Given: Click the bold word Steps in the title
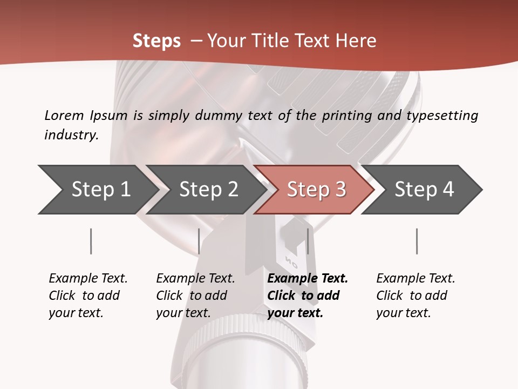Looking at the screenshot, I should tap(156, 41).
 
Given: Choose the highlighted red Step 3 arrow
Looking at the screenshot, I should tap(316, 190).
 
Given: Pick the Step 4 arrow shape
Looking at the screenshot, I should tap(424, 190).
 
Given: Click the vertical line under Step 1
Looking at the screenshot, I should tap(91, 241).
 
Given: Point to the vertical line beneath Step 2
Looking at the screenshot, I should tap(199, 241).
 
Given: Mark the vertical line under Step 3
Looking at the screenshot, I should tap(308, 241).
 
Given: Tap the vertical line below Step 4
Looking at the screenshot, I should tap(417, 241).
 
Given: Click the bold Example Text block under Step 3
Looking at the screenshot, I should tap(306, 296).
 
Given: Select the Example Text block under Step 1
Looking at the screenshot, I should tap(87, 296).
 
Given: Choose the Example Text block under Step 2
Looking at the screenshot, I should tap(195, 296).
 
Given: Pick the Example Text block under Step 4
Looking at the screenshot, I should tap(415, 296).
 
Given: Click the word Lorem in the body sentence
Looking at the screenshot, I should tap(64, 116).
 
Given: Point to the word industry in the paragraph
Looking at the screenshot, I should tap(71, 135).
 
